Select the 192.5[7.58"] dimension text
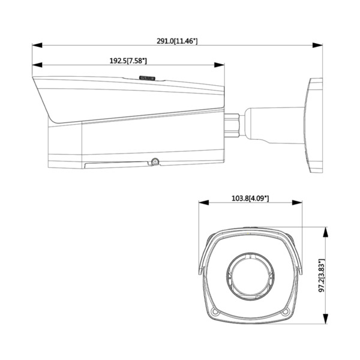click(128, 61)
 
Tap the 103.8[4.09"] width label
click(250, 197)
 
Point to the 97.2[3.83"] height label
click(322, 277)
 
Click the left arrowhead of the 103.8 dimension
click(202, 202)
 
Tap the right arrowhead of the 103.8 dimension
click(298, 202)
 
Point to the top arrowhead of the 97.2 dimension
click(326, 230)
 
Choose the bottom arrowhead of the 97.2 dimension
click(326, 322)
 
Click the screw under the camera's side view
click(154, 161)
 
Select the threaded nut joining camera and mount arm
click(232, 123)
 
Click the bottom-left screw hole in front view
click(215, 310)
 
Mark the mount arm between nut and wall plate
click(273, 123)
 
